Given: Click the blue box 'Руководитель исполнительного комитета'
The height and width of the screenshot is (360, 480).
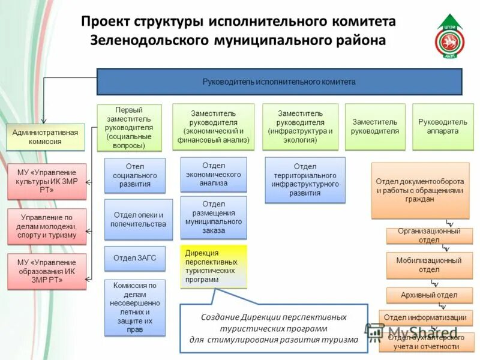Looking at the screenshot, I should point(280,82).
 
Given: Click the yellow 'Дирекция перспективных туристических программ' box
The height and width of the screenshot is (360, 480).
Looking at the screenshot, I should point(214,266).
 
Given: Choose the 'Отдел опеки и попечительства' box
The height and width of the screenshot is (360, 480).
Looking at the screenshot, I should point(139,220).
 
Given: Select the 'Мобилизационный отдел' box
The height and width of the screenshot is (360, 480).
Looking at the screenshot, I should point(429,265).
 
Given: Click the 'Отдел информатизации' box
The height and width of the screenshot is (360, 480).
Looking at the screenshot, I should point(426,317).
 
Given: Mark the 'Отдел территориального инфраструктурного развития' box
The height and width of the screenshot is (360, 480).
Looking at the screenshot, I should point(305,180).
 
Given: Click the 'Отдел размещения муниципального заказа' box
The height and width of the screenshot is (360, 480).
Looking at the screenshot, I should point(214,217).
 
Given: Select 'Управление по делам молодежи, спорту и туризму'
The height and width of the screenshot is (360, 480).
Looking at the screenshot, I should point(46,226).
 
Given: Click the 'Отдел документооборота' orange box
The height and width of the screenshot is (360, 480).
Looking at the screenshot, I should point(420,190).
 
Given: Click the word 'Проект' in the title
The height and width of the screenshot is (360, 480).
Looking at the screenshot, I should point(106,22).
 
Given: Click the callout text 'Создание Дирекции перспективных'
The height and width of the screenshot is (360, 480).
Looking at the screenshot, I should point(274,317).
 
